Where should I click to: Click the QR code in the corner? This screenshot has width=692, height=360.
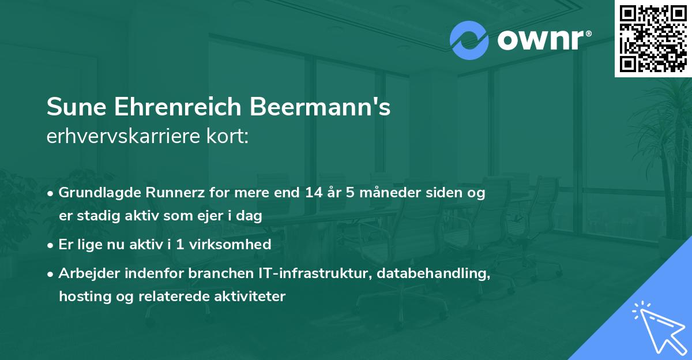coord(653,38)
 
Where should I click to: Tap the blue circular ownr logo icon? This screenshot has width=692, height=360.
coord(469,40)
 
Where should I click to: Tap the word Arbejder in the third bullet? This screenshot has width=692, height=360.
coord(86,273)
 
